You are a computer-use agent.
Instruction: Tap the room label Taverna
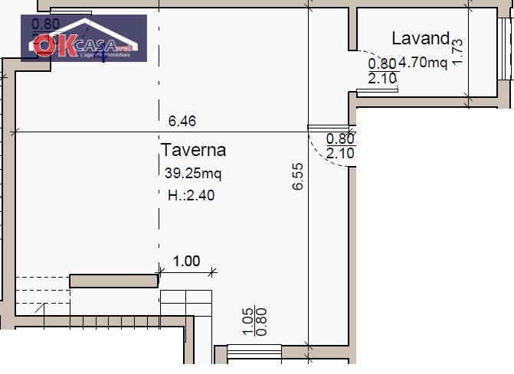193,150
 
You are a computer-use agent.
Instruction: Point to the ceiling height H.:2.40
191,195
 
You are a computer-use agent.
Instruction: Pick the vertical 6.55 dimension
300,176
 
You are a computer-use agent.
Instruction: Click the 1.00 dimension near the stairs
186,261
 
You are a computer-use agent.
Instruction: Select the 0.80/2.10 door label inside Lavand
382,71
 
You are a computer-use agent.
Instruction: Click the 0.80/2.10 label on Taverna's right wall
340,146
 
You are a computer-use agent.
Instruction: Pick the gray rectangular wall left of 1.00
113,281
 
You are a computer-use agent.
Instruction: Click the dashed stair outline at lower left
41,294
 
